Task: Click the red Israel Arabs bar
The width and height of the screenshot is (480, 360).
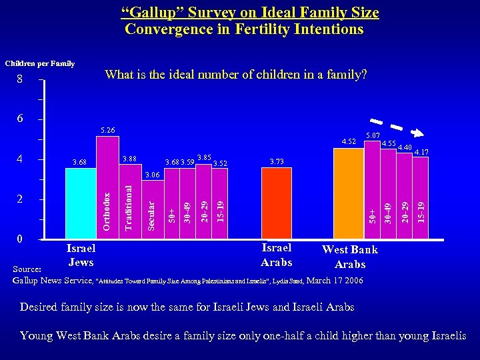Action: pos(276,203)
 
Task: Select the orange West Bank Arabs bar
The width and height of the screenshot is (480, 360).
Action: pos(348,193)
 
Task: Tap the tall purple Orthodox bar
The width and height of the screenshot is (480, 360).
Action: pos(107,187)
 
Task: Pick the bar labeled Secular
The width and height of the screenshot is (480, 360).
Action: pos(151,209)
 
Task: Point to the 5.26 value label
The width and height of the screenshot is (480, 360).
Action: pos(107,130)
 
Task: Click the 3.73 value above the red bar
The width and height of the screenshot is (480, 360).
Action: pos(277,161)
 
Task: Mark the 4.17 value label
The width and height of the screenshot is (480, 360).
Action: pos(421,152)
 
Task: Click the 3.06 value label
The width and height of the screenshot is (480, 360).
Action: pos(152,175)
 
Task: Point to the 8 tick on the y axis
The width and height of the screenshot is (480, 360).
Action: pos(20,80)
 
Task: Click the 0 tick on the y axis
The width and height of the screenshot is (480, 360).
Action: pos(21,239)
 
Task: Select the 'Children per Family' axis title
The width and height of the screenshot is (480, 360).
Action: pos(40,63)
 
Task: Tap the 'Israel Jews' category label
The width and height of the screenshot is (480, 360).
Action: pos(81,255)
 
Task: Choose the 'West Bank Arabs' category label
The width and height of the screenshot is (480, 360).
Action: pos(350,257)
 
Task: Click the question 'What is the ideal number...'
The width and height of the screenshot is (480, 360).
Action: pos(236,74)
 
